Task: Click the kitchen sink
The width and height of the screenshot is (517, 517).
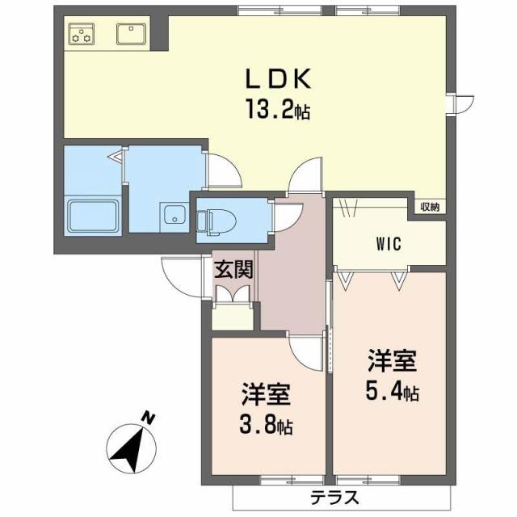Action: [x=130, y=34]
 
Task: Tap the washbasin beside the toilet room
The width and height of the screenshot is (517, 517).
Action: [x=173, y=216]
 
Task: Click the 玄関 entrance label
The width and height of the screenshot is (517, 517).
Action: [x=233, y=268]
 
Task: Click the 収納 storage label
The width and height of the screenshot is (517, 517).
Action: [x=430, y=206]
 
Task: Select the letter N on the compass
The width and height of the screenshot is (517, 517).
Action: [x=148, y=418]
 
